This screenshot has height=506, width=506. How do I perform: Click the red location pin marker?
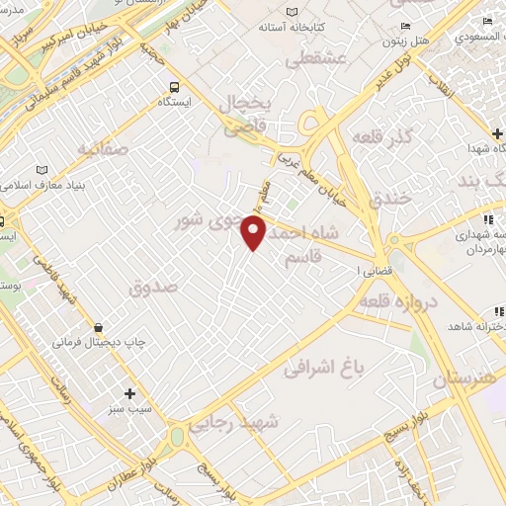255,233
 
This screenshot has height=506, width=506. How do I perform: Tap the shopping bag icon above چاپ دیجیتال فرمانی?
99,327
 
